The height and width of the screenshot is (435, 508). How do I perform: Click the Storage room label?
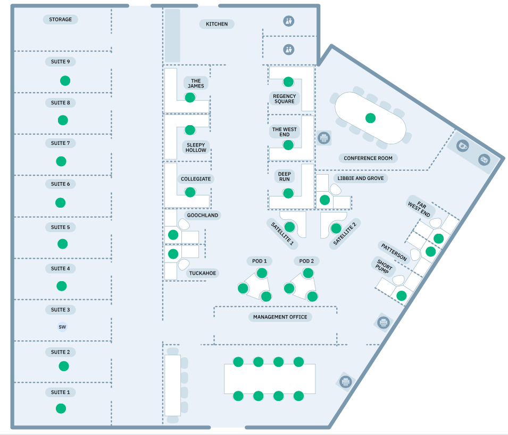pyautogui.click(x=61, y=20)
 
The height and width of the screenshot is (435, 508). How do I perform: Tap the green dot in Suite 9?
pyautogui.click(x=65, y=81)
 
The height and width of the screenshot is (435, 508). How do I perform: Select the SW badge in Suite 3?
pyautogui.click(x=62, y=327)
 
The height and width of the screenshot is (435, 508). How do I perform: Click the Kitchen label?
pyautogui.click(x=216, y=24)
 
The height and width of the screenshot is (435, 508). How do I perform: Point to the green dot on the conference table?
pyautogui.click(x=370, y=118)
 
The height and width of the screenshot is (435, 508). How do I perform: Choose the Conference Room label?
pyautogui.click(x=368, y=158)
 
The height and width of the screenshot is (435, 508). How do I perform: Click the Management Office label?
pyautogui.click(x=280, y=317)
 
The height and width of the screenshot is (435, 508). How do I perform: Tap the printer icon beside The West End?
pyautogui.click(x=323, y=138)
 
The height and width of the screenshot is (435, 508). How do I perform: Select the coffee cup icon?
pyautogui.click(x=463, y=145)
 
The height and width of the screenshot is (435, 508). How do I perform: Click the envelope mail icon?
pyautogui.click(x=484, y=159)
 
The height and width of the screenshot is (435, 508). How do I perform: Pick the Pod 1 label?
pyautogui.click(x=260, y=261)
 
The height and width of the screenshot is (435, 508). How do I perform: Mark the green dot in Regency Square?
pyautogui.click(x=288, y=81)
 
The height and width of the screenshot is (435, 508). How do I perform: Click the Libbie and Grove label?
pyautogui.click(x=360, y=178)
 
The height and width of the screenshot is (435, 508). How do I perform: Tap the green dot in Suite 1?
pyautogui.click(x=61, y=408)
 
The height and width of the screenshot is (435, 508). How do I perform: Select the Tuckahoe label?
pyautogui.click(x=204, y=274)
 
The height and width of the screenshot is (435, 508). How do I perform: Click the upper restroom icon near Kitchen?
pyautogui.click(x=288, y=21)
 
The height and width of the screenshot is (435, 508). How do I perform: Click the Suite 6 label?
pyautogui.click(x=61, y=184)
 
